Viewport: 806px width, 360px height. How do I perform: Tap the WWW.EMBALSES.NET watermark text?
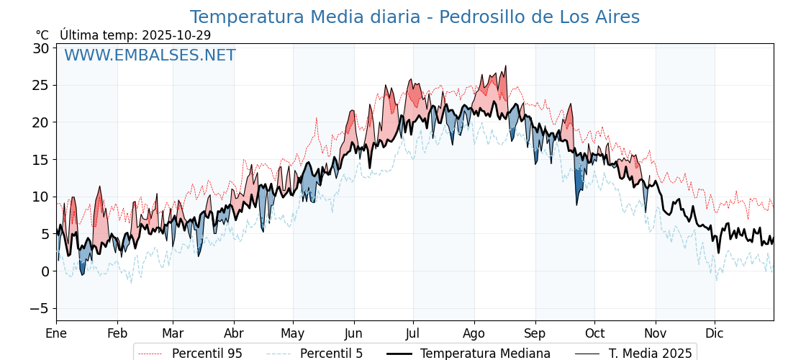coord(150,55)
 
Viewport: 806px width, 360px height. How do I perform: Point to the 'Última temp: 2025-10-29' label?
coord(135,35)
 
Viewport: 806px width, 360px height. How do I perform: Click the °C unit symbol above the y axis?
coord(42,35)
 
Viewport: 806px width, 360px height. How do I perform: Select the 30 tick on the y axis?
coord(40,48)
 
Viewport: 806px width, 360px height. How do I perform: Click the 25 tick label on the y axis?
coord(40,85)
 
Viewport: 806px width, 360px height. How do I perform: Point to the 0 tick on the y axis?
coord(45,271)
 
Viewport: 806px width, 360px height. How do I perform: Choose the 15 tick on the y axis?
coord(40,160)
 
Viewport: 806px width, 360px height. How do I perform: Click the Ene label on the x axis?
coord(56,333)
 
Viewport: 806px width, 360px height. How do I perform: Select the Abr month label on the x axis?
coord(234,333)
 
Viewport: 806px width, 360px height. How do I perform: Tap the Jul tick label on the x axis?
coord(413,333)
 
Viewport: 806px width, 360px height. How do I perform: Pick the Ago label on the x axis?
coord(474,333)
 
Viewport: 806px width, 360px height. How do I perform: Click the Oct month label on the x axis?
coord(594,333)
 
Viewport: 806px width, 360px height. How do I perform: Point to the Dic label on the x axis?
coord(715,333)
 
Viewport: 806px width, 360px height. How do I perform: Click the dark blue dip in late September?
coord(579,186)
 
